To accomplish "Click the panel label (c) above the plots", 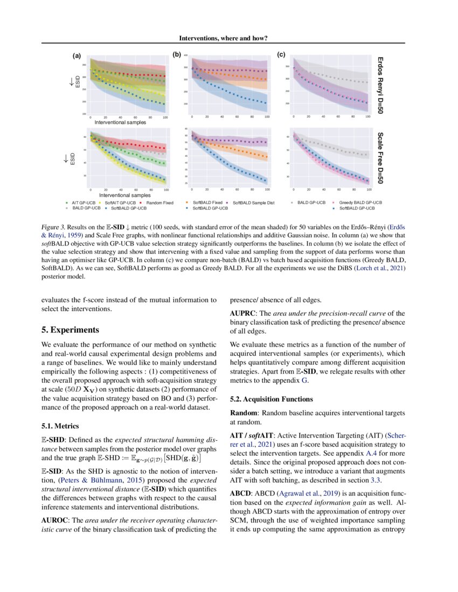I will coord(281,54).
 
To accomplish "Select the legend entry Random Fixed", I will coord(160,203).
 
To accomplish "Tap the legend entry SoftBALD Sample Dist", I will coord(254,203).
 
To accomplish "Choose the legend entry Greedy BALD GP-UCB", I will coord(360,203).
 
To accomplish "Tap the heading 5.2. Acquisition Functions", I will coord(271,399).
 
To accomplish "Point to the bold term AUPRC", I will coord(244,313).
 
